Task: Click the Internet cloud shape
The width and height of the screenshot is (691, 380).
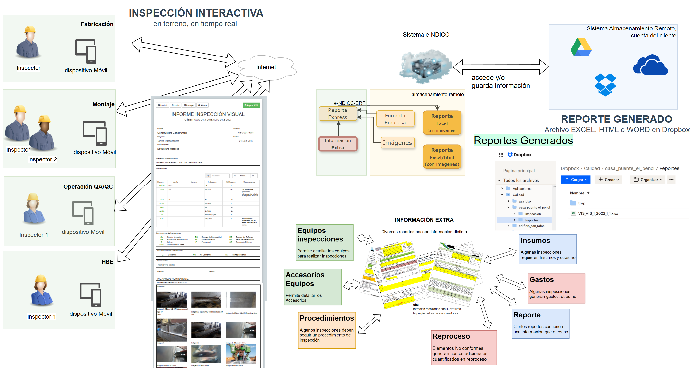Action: [x=266, y=67]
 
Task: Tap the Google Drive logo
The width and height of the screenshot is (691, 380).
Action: [x=581, y=47]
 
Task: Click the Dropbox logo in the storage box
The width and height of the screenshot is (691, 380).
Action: [x=605, y=84]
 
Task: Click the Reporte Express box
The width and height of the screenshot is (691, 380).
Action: [x=338, y=114]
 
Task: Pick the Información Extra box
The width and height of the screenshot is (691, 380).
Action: [x=338, y=144]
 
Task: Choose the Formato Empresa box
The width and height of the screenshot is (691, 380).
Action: [x=395, y=119]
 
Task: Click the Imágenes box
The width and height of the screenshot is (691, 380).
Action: [x=397, y=143]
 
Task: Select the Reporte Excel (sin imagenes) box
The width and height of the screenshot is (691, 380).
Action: [x=442, y=123]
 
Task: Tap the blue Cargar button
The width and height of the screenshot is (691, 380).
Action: [x=575, y=180]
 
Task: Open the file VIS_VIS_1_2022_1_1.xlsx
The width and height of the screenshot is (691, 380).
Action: [x=598, y=213]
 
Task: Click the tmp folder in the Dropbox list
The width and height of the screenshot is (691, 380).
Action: [x=582, y=203]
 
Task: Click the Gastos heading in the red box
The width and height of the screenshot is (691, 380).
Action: [x=542, y=279]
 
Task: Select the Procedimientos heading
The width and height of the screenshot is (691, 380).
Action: [x=327, y=318]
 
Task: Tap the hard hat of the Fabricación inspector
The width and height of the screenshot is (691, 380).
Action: [x=30, y=29]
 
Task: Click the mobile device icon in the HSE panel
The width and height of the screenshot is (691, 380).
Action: [x=91, y=295]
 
